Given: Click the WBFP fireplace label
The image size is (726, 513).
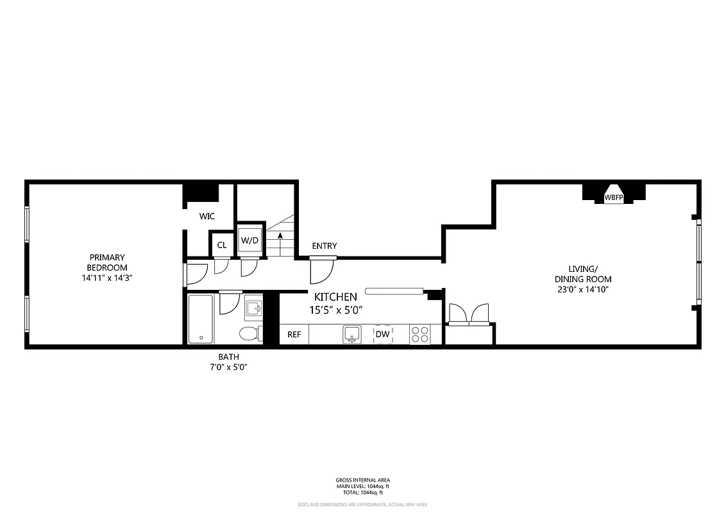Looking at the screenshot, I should tap(614, 198).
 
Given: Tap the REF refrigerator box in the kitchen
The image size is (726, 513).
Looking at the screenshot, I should tap(294, 334).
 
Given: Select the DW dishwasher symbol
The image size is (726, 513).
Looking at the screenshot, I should tap(382, 334).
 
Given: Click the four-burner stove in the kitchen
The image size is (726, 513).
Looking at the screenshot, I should tap(420, 334).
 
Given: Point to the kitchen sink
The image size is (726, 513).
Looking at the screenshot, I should tap(351, 334).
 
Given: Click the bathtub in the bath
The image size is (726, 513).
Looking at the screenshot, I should tap(201, 319).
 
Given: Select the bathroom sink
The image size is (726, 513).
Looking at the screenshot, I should tap(254, 309).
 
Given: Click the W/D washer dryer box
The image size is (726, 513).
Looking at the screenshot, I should tap(249, 240).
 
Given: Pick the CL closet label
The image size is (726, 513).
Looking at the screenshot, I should tap(222, 245).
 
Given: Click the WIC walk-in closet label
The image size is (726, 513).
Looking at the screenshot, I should tap(207, 217).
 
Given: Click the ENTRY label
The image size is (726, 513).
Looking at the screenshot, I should tap(324, 246).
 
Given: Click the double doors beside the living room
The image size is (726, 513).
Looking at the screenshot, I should tap(468, 314).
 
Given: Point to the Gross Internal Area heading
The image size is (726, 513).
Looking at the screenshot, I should tap(362, 480).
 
